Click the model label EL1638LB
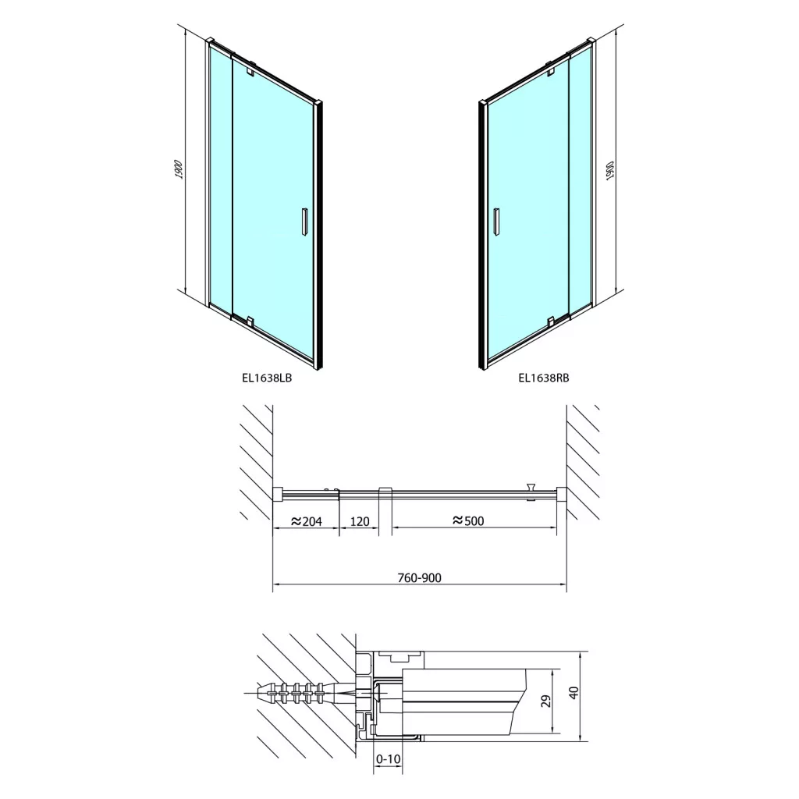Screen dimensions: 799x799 click(x=267, y=378)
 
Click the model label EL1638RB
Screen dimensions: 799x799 click(x=544, y=378)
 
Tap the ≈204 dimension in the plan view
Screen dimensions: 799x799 click(x=306, y=521)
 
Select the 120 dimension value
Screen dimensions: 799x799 click(x=360, y=521)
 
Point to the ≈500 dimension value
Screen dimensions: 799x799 click(x=468, y=520)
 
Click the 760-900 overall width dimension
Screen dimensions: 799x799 click(x=419, y=578)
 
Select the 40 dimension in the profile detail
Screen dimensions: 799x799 click(x=575, y=693)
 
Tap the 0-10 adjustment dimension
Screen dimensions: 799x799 click(x=389, y=759)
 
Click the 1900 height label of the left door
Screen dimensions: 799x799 click(x=179, y=169)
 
